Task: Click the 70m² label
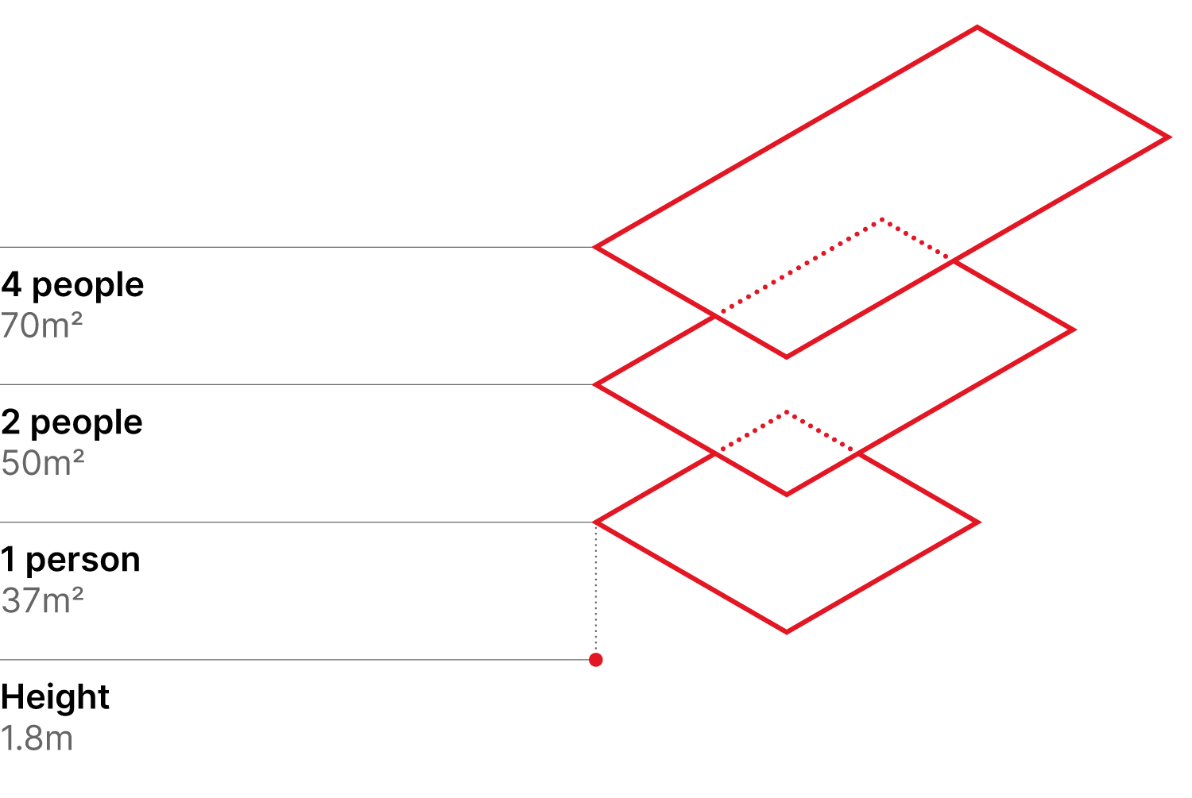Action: (x=42, y=326)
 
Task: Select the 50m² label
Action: (x=43, y=463)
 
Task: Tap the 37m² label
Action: (x=43, y=601)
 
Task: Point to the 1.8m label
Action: (x=37, y=738)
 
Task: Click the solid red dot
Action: (x=596, y=660)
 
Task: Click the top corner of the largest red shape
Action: (x=977, y=28)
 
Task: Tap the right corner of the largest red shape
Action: (x=1169, y=137)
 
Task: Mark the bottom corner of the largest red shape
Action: (x=787, y=357)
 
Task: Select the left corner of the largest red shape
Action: (x=595, y=247)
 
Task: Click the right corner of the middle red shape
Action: (x=1074, y=330)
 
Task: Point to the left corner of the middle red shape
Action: (x=595, y=384)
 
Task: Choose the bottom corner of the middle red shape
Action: (x=787, y=495)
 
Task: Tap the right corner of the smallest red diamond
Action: (x=978, y=522)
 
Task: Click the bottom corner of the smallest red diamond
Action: (x=787, y=632)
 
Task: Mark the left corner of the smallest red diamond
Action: (x=595, y=522)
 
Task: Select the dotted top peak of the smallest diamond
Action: (x=787, y=412)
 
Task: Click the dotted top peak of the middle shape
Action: (x=882, y=220)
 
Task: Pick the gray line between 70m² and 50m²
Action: (x=294, y=384)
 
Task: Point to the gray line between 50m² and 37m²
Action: (x=294, y=522)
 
